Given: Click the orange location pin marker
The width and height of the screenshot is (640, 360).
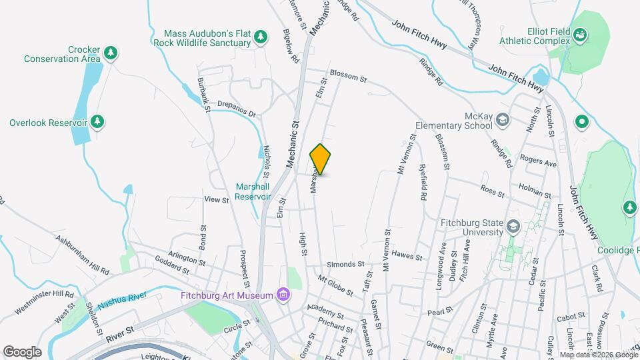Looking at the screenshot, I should coord(321,159).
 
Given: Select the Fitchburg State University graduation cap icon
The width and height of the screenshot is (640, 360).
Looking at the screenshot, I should coord(512,226).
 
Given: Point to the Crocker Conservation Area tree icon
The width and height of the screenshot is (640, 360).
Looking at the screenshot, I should coord(111,52).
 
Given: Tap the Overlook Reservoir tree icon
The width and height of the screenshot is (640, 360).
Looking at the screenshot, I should coord(98,122).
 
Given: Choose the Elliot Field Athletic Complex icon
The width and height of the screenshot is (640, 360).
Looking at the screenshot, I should coord(581,33).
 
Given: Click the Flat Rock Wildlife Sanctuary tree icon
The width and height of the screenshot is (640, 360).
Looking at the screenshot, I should coord(262,36).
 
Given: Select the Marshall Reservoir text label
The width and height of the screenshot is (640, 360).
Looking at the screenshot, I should coord(253,192).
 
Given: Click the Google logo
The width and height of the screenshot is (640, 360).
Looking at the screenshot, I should coord(22,351).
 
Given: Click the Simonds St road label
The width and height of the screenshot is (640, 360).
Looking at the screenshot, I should coord(345,264).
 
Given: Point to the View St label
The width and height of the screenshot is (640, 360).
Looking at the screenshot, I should coord(217,199).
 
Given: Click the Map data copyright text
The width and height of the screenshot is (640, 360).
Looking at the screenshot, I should coord(597,355).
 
